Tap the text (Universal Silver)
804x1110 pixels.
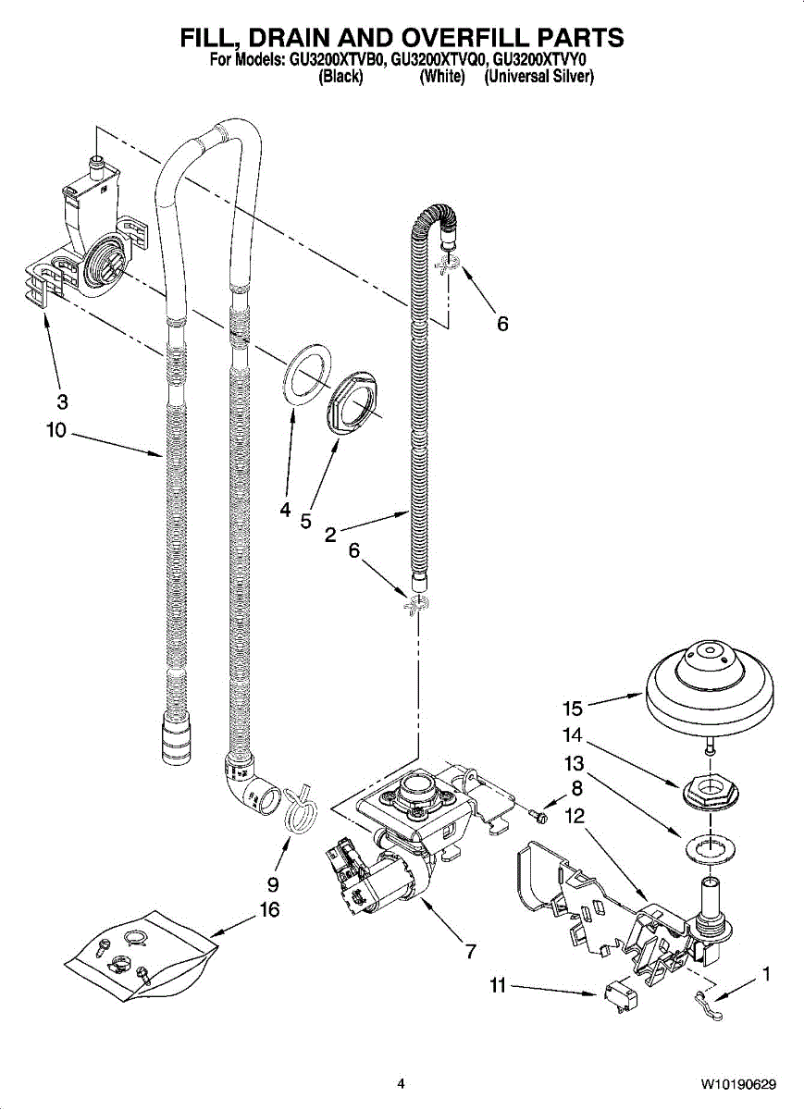[x=538, y=77]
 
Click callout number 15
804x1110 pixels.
[x=573, y=709]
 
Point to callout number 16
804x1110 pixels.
[x=269, y=910]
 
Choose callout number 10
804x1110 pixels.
[x=56, y=430]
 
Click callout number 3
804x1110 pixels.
[x=62, y=401]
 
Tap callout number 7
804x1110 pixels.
[x=469, y=951]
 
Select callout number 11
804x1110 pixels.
[x=498, y=999]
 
